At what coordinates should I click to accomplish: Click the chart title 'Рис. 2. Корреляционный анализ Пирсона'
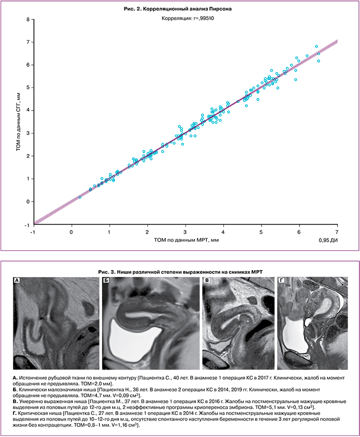[x=179, y=9]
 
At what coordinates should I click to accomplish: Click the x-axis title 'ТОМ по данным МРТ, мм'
[x=186, y=240]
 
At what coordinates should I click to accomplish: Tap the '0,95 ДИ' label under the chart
[x=328, y=241]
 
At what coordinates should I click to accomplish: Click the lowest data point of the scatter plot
[x=79, y=197]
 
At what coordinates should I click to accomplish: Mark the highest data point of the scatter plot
[x=316, y=46]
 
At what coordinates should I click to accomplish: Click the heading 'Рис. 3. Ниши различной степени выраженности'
[x=179, y=271]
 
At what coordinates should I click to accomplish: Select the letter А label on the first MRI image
[x=17, y=280]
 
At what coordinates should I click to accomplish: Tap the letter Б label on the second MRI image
[x=106, y=280]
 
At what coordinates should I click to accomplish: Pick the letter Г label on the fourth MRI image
[x=281, y=280]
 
